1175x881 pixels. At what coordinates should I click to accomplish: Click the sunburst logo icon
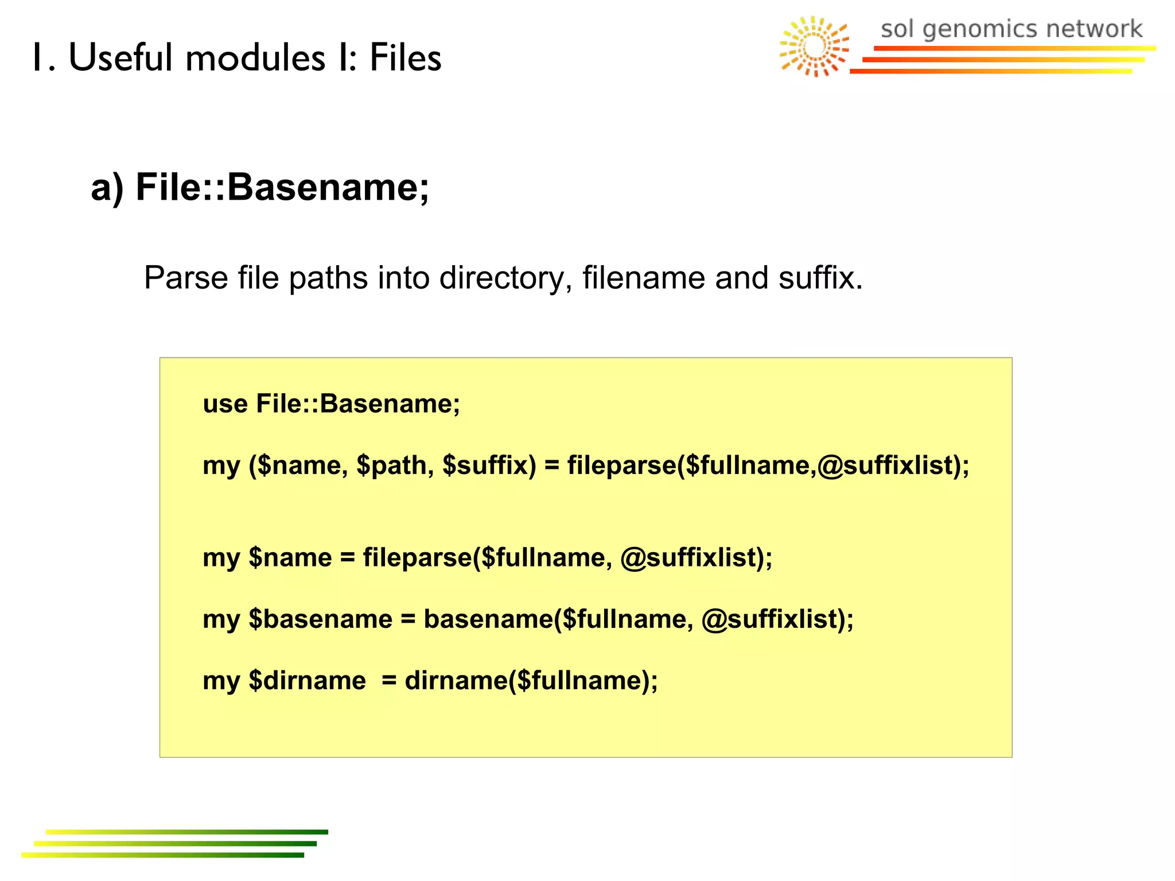pyautogui.click(x=814, y=46)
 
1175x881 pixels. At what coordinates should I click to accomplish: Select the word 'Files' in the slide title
pyautogui.click(x=405, y=58)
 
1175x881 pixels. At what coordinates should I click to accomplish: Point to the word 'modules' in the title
pyautogui.click(x=255, y=58)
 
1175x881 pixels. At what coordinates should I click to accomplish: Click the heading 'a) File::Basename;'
pyautogui.click(x=260, y=188)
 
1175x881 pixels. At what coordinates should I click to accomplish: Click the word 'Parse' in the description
pyautogui.click(x=185, y=278)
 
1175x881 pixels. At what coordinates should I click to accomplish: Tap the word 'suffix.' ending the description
pyautogui.click(x=820, y=278)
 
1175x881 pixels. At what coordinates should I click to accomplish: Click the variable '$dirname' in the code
pyautogui.click(x=307, y=681)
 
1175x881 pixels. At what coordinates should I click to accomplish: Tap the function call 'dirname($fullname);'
pyautogui.click(x=531, y=681)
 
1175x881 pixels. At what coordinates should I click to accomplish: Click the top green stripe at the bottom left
pyautogui.click(x=186, y=832)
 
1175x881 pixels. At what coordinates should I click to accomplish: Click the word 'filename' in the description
pyautogui.click(x=643, y=278)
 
